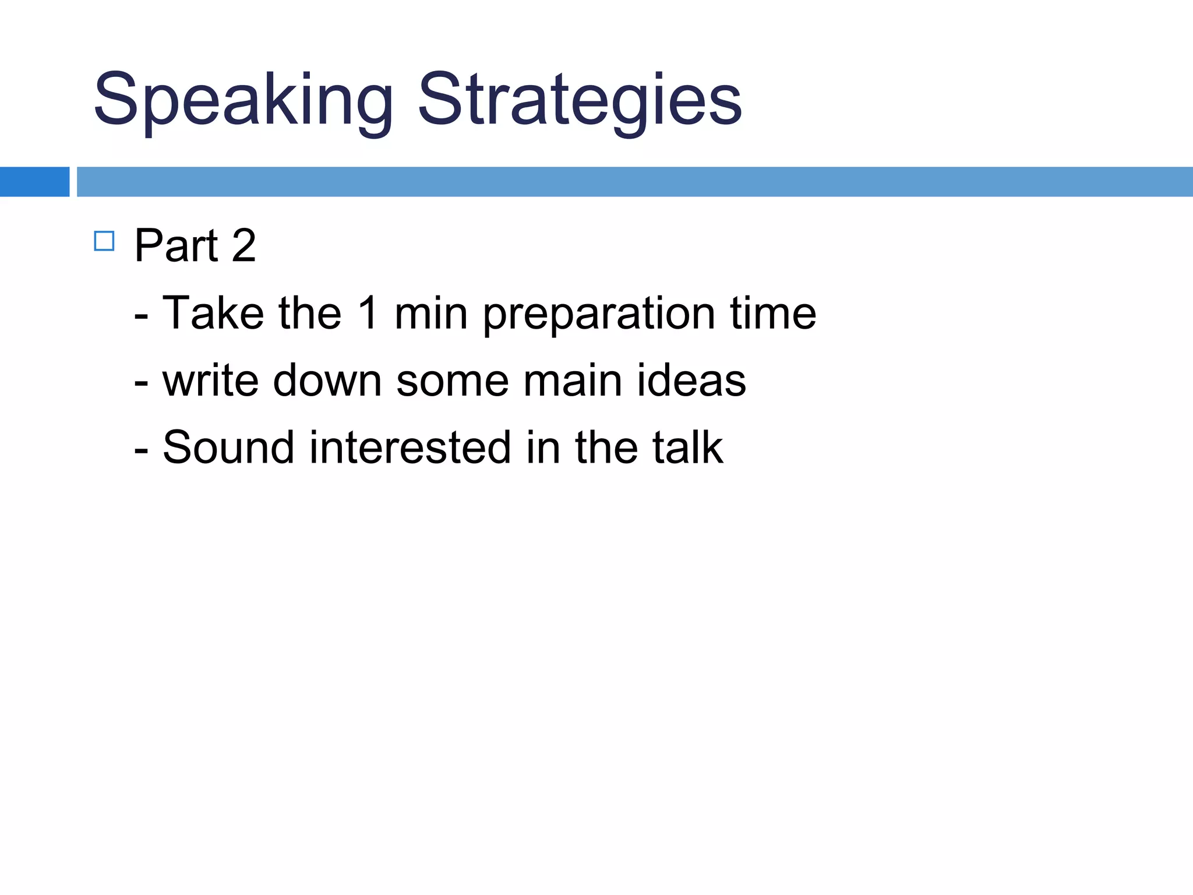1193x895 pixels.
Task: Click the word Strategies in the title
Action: [x=580, y=100]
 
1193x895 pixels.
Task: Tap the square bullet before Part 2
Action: [x=104, y=241]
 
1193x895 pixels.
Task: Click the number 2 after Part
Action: [x=243, y=245]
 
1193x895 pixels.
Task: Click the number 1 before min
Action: [x=368, y=313]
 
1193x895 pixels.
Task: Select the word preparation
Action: [x=598, y=315]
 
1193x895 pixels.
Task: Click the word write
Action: [x=210, y=380]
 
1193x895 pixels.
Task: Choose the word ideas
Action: [x=691, y=380]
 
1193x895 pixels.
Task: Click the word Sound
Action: [x=228, y=447]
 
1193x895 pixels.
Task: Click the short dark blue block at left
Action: [x=34, y=182]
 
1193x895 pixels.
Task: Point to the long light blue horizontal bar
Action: [x=634, y=182]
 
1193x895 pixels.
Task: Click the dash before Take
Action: [x=141, y=318]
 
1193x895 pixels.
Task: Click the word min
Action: [x=431, y=313]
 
